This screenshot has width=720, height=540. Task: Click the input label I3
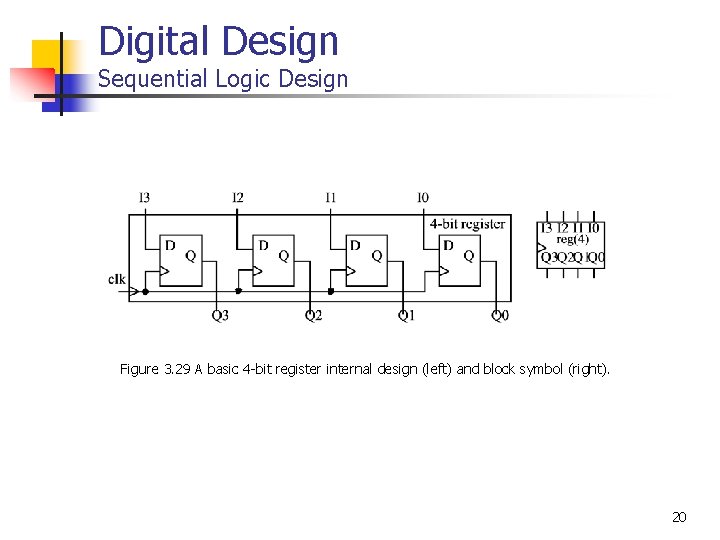pyautogui.click(x=144, y=198)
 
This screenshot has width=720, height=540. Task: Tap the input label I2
pyautogui.click(x=237, y=198)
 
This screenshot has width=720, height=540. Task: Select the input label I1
pyautogui.click(x=330, y=198)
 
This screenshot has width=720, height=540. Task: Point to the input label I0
pyautogui.click(x=423, y=198)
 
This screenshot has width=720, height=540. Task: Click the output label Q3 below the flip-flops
pyautogui.click(x=220, y=316)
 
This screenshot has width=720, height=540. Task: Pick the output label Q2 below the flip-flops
pyautogui.click(x=313, y=316)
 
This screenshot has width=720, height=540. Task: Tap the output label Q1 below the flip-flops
pyautogui.click(x=406, y=316)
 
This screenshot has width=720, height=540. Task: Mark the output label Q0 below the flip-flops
pyautogui.click(x=499, y=316)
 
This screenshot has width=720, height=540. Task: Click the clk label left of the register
pyautogui.click(x=117, y=279)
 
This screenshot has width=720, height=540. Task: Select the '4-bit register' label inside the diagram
pyautogui.click(x=467, y=224)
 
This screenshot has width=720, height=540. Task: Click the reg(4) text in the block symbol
pyautogui.click(x=573, y=239)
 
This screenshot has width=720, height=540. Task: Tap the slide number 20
pyautogui.click(x=679, y=517)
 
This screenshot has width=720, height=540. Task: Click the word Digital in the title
pyautogui.click(x=155, y=42)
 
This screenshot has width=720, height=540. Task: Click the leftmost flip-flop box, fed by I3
pyautogui.click(x=181, y=262)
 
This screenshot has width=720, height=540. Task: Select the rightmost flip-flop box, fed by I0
pyautogui.click(x=460, y=262)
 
